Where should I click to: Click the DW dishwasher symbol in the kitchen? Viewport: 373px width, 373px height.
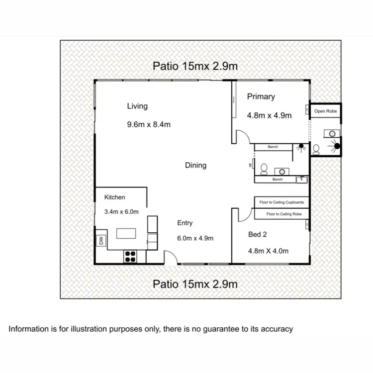[101, 241]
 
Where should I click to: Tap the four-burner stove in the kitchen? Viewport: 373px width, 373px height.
[130, 256]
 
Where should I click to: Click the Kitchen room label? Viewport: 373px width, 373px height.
[114, 197]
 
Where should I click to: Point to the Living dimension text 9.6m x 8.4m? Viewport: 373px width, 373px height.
[149, 124]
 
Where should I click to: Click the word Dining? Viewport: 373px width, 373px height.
[195, 165]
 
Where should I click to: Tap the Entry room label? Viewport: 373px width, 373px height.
[185, 223]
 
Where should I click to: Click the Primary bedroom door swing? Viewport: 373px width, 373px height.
[240, 136]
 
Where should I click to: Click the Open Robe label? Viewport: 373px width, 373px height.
[326, 111]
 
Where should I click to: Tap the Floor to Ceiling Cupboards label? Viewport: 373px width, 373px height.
[281, 202]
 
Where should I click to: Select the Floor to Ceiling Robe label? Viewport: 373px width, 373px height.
[283, 214]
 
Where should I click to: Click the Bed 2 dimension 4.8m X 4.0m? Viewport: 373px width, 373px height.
[268, 251]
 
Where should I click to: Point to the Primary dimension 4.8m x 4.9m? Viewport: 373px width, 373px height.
[269, 115]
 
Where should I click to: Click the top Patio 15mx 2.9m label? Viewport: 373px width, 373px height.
[195, 66]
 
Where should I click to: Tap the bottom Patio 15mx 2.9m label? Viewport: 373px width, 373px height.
[195, 284]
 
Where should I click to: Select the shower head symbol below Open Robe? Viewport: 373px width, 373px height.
[338, 146]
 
